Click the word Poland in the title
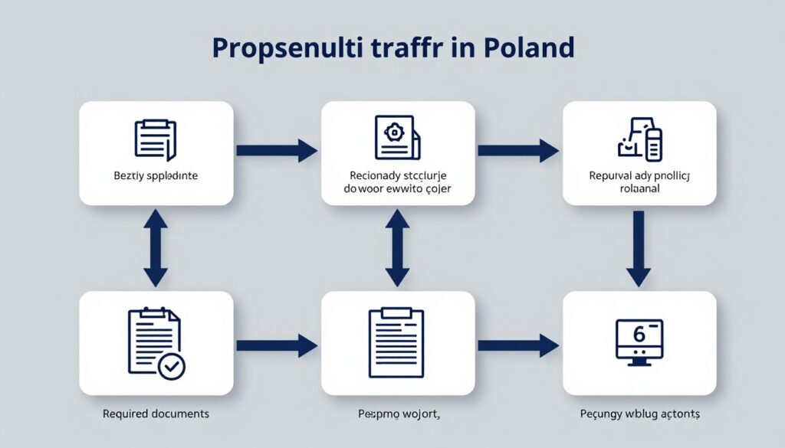coord(529,47)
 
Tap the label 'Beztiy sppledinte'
coord(156,176)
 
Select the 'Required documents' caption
coord(156,414)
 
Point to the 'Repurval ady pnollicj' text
coord(640,176)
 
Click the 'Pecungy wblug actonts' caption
coord(640,414)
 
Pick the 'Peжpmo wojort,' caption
coord(398,414)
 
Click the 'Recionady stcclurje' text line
coord(398,175)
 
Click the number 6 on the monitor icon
coord(639,335)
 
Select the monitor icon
coord(639,341)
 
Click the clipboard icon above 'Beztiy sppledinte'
coord(156,139)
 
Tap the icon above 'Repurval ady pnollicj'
coord(639,139)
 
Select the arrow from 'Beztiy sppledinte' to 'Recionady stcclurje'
coord(276,151)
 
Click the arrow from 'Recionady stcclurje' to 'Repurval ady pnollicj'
coord(518,151)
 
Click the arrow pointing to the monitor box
coord(518,346)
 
